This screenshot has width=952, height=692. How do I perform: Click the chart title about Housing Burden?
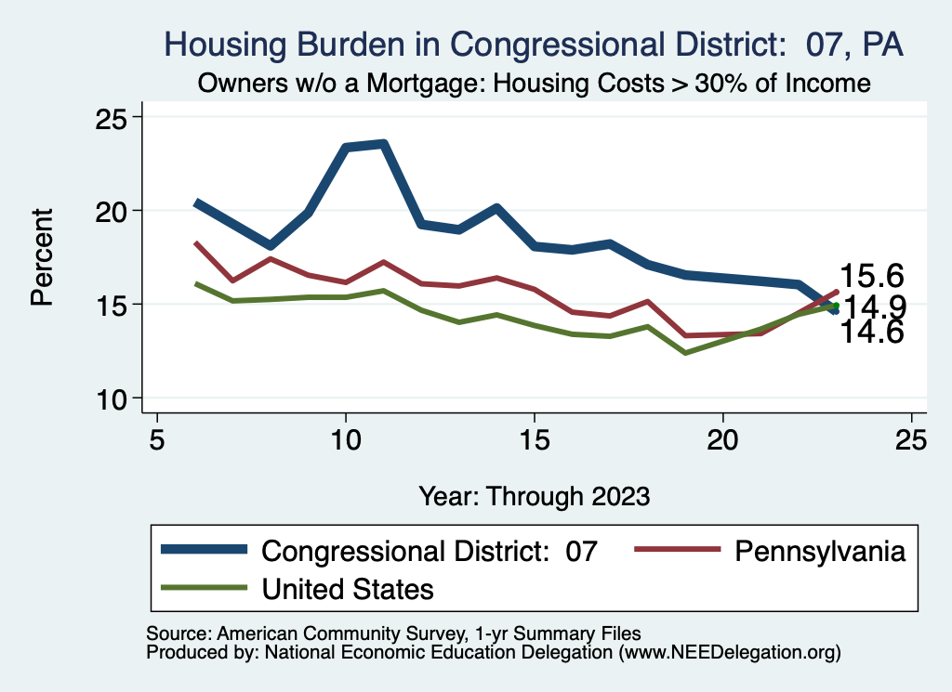pos(534,45)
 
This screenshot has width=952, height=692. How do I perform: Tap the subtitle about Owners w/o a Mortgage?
pos(534,84)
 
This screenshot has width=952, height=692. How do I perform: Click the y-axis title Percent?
pos(42,257)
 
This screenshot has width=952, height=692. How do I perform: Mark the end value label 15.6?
pos(872,276)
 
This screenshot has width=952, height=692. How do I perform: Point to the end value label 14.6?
pos(872,332)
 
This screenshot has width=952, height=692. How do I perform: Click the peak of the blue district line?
pos(383,144)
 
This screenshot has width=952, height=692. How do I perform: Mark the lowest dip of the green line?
pos(685,353)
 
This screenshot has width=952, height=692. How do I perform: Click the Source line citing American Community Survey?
pos(393,633)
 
